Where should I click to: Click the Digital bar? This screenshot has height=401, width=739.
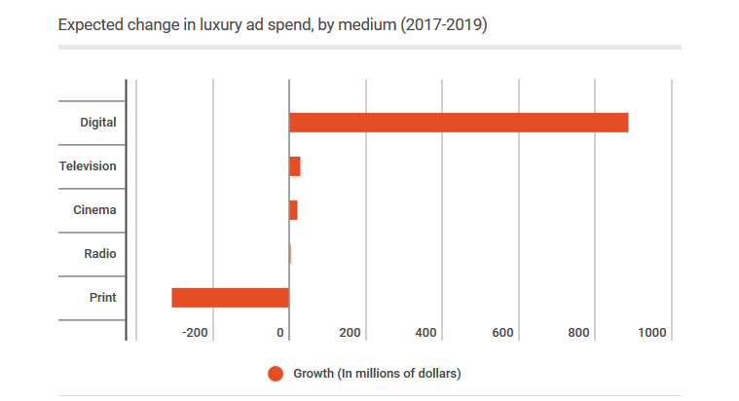(x=458, y=123)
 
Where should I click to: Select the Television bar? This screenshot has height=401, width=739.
(x=294, y=166)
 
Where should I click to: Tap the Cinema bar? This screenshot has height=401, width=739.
(x=293, y=210)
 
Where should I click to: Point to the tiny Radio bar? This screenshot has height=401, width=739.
(x=290, y=254)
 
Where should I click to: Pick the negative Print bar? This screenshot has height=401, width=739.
(x=230, y=298)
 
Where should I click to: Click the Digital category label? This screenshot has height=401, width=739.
(x=97, y=123)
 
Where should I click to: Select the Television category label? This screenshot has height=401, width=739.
(x=88, y=166)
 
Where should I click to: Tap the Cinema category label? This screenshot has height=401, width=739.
(x=94, y=210)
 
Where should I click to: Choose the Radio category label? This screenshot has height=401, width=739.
(x=99, y=254)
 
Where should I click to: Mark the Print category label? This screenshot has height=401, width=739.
(x=102, y=298)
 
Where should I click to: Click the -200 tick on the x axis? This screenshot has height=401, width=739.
(x=195, y=333)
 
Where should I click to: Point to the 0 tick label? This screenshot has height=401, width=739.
(x=280, y=333)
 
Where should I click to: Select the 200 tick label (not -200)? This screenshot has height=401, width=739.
(x=351, y=333)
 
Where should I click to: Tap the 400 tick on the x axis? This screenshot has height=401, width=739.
(x=425, y=333)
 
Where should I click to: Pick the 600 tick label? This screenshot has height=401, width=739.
(x=502, y=333)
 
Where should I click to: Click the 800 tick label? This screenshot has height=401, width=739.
(x=579, y=333)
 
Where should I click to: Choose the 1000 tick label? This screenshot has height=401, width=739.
(x=652, y=333)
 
